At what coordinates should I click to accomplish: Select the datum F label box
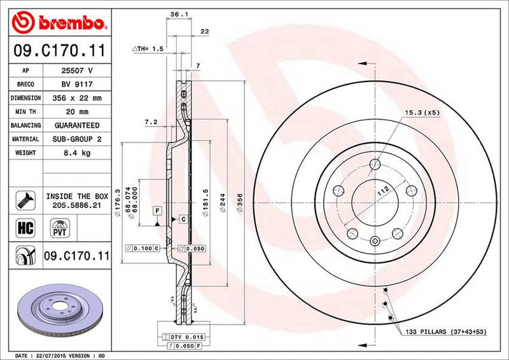pyautogui.click(x=156, y=209)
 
